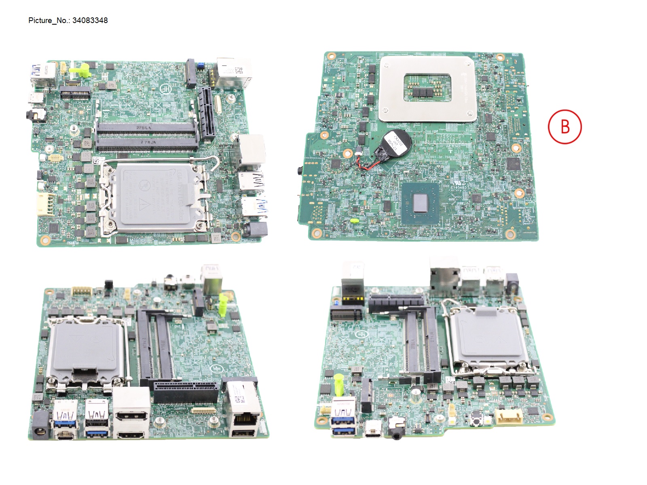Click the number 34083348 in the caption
tap(90, 21)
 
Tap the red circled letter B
tap(565, 127)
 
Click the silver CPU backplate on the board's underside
tap(427, 88)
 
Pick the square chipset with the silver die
tap(421, 202)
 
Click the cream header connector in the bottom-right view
tap(509, 417)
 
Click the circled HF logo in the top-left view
tap(166, 89)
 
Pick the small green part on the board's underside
tap(354, 221)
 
